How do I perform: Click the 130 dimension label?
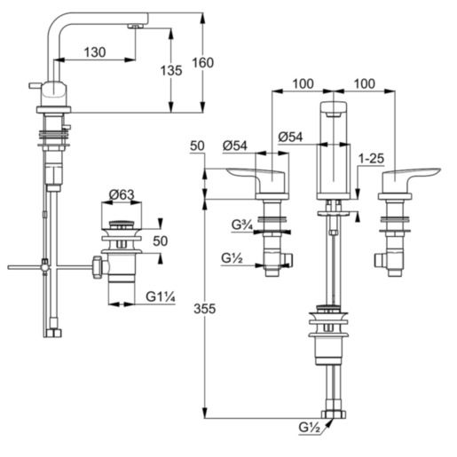coord(97,52)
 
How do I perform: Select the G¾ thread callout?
coord(242,225)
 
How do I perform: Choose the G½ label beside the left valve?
coord(233,259)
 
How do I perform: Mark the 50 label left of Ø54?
coord(197,145)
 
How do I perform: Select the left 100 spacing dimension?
coord(303,83)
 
